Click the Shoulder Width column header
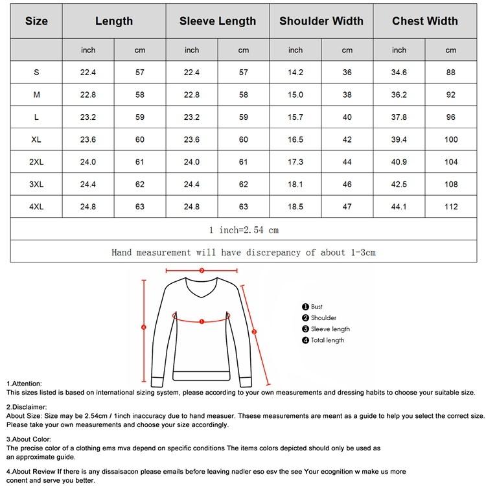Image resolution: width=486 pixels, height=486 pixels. pyautogui.click(x=321, y=21)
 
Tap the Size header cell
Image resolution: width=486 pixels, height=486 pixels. pyautogui.click(x=36, y=21)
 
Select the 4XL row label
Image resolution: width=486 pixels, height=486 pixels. pyautogui.click(x=36, y=207)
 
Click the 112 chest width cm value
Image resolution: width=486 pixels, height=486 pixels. pyautogui.click(x=451, y=207)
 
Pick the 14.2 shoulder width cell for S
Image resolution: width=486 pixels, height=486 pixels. pyautogui.click(x=295, y=73)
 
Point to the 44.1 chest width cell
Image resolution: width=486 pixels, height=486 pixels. pyautogui.click(x=399, y=207)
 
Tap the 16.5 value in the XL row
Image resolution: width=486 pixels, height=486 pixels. pyautogui.click(x=295, y=139)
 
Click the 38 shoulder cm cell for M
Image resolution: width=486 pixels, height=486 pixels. pyautogui.click(x=347, y=95)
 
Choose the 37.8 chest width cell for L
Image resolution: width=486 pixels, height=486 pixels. pyautogui.click(x=399, y=117)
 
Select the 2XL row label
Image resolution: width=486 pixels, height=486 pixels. pyautogui.click(x=36, y=162)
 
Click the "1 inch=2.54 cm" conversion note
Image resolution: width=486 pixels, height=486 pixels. pyautogui.click(x=244, y=229)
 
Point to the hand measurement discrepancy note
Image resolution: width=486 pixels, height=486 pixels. pyautogui.click(x=244, y=252)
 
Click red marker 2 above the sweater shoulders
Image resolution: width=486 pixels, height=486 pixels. pyautogui.click(x=202, y=271)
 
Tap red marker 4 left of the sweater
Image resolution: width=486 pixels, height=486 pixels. pyautogui.click(x=144, y=327)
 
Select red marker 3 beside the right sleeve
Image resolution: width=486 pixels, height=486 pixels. pyautogui.click(x=254, y=331)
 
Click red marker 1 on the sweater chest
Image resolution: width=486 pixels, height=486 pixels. pyautogui.click(x=202, y=320)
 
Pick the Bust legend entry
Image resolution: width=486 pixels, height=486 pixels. pyautogui.click(x=313, y=307)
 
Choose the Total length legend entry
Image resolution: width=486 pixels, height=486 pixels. pyautogui.click(x=323, y=340)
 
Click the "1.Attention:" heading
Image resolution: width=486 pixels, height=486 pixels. pyautogui.click(x=24, y=384)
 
